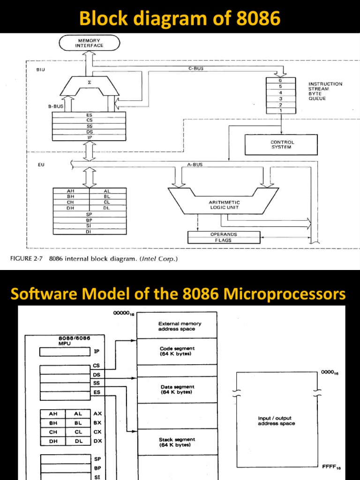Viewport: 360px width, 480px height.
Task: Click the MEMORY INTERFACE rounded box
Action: coord(90,44)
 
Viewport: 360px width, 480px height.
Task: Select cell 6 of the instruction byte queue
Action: coord(280,80)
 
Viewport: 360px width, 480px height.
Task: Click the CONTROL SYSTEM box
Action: coord(281,144)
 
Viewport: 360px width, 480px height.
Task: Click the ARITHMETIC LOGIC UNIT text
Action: coord(224,204)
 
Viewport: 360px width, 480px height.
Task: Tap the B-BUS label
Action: coord(55,106)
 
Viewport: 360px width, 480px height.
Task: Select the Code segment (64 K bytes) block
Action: coord(177,351)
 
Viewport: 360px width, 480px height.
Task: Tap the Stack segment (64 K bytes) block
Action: coord(177,442)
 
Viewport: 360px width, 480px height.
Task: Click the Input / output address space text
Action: coord(277,420)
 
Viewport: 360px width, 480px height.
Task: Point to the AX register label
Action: coord(97,414)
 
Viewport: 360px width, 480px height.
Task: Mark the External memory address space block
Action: coord(177,326)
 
